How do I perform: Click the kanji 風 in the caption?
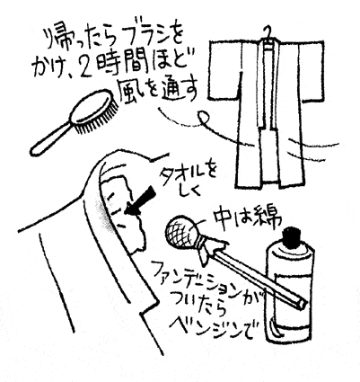point(129,89)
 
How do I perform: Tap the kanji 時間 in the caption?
point(120,65)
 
